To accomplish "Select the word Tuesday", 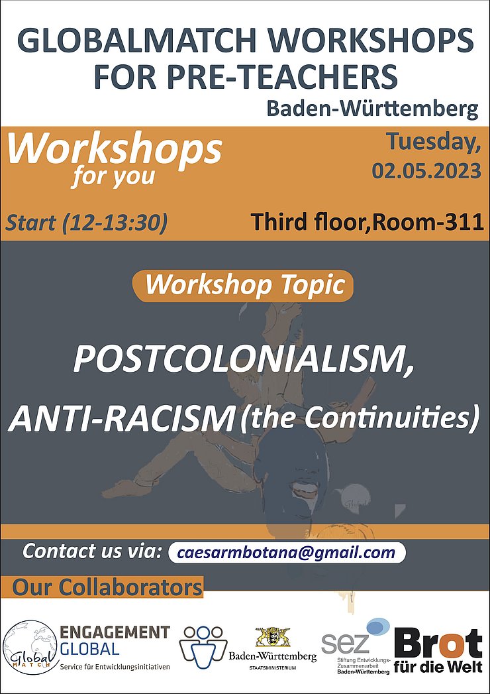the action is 434,143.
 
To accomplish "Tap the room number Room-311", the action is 428,222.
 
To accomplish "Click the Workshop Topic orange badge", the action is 243,285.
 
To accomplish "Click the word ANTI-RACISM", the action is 121,419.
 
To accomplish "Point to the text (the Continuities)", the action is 359,419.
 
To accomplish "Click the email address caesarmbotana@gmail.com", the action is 287,552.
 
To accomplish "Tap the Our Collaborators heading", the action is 107,587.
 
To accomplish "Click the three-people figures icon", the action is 203,647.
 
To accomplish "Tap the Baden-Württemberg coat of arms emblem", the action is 272,638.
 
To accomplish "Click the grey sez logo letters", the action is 345,643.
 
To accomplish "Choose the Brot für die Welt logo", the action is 438,650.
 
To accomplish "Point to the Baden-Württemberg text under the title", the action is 372,108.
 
